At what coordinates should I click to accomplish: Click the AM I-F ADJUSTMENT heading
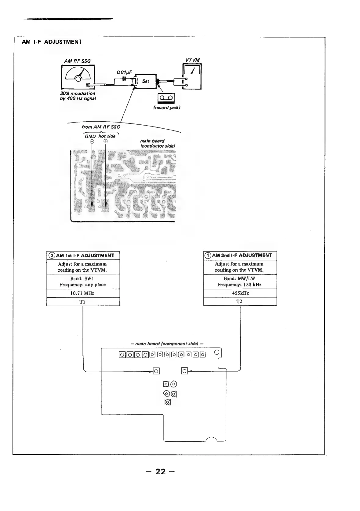[52, 42]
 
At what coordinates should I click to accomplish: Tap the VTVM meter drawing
[192, 76]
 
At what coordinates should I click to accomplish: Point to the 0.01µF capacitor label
[124, 72]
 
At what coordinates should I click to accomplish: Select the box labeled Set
[146, 82]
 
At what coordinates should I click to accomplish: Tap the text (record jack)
[166, 108]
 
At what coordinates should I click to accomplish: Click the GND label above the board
[90, 136]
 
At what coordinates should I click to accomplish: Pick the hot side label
[107, 136]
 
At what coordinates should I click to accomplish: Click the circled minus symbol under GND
[92, 142]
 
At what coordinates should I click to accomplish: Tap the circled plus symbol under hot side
[105, 142]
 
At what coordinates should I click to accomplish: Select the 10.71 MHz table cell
[83, 293]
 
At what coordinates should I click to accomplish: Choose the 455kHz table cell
[240, 293]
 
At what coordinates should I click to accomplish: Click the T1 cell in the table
[83, 302]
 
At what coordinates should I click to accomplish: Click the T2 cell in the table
[240, 301]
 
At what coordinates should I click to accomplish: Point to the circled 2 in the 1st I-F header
[52, 256]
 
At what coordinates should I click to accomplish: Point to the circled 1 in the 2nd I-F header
[208, 255]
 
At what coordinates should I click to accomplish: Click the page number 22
[160, 472]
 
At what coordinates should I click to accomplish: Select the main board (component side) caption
[167, 344]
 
